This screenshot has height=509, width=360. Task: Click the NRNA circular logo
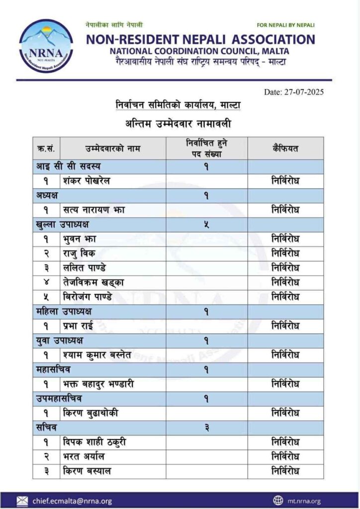tap(46, 46)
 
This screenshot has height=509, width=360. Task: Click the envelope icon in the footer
tap(22, 500)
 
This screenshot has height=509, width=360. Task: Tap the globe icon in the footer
tap(278, 500)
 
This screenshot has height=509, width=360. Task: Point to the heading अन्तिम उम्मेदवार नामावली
tap(179, 123)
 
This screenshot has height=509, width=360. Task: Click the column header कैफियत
tap(285, 148)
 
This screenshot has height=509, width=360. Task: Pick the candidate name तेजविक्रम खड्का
tap(94, 282)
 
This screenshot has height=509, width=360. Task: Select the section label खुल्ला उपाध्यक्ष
tap(62, 224)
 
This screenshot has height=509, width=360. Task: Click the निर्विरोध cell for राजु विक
tap(285, 254)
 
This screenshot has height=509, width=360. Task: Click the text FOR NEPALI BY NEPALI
tap(285, 25)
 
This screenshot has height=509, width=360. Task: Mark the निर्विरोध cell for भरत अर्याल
tap(285, 456)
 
